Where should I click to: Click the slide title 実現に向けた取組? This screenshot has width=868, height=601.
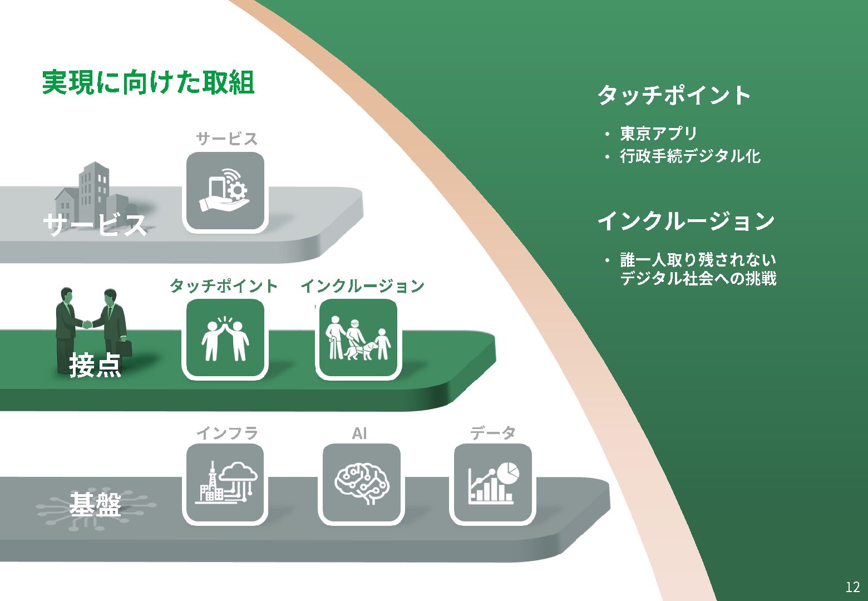click(148, 83)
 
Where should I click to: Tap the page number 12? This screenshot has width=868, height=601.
click(852, 587)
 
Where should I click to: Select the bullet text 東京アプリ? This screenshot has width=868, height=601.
click(658, 134)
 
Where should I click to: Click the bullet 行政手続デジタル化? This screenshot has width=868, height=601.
click(690, 156)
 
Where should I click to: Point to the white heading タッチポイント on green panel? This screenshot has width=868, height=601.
click(674, 95)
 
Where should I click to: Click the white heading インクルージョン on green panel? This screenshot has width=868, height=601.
click(685, 221)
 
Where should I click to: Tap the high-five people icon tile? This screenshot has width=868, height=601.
click(225, 339)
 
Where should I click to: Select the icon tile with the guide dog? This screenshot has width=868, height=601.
click(358, 339)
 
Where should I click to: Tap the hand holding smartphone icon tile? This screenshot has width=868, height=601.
click(225, 191)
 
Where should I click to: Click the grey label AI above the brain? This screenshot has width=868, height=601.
click(359, 433)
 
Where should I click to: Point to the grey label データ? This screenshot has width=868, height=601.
click(492, 433)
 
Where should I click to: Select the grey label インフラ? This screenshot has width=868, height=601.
click(226, 433)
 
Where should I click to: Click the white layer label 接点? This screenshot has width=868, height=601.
click(95, 366)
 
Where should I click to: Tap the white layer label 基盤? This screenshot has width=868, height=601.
click(95, 505)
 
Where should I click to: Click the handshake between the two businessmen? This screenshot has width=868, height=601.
click(88, 324)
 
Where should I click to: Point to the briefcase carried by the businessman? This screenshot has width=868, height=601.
click(126, 348)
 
